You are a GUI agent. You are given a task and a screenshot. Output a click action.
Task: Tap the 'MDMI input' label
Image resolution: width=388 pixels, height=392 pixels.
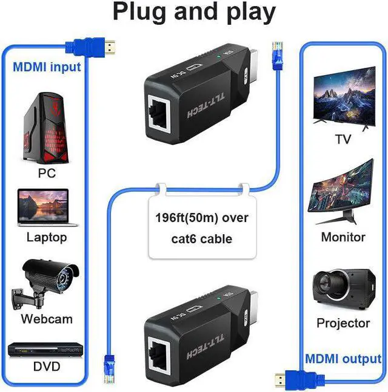pyautogui.click(x=47, y=67)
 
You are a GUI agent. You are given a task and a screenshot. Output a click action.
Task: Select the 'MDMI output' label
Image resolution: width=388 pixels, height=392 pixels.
pyautogui.click(x=343, y=359)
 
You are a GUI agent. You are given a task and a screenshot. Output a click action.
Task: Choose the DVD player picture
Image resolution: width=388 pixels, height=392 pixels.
pyautogui.click(x=45, y=351)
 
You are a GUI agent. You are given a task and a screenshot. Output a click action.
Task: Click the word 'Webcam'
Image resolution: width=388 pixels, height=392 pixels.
pyautogui.click(x=47, y=319)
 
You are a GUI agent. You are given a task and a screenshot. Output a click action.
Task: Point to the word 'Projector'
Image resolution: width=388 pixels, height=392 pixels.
pyautogui.click(x=343, y=323)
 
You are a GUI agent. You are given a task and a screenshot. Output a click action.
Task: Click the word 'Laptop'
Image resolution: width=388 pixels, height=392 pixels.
pyautogui.click(x=47, y=237)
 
